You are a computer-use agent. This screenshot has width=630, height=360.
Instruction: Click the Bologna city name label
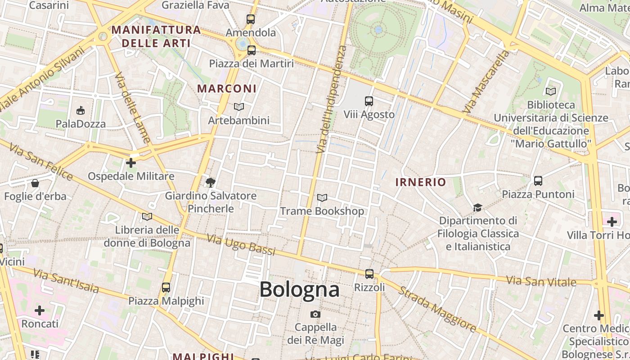point(299,289)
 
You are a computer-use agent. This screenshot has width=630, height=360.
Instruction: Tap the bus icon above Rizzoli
point(369,274)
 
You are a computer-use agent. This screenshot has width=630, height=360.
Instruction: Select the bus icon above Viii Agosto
point(369,101)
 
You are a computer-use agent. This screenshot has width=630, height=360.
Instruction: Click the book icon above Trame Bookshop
point(322,198)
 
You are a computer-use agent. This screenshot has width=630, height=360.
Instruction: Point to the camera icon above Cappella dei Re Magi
point(315,314)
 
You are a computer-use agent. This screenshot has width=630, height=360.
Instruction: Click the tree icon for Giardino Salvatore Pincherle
point(210,182)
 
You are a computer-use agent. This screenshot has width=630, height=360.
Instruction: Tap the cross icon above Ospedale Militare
point(131,162)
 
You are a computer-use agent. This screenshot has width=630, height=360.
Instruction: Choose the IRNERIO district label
point(420,182)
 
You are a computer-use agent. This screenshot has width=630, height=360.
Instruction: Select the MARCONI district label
point(227,89)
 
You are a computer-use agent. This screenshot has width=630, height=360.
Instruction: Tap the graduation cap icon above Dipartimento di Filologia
point(477,207)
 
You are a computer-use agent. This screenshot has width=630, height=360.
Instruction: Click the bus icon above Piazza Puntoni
point(538,181)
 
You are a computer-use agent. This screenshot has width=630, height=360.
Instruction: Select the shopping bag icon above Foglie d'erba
point(35,183)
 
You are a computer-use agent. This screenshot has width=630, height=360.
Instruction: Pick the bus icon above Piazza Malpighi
point(166,287)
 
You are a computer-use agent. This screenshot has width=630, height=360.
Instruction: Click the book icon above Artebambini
point(239,107)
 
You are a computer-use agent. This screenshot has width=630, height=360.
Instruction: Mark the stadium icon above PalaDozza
point(81,110)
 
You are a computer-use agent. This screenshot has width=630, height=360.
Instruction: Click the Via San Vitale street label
point(541,282)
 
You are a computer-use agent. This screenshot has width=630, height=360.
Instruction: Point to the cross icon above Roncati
point(40,310)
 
